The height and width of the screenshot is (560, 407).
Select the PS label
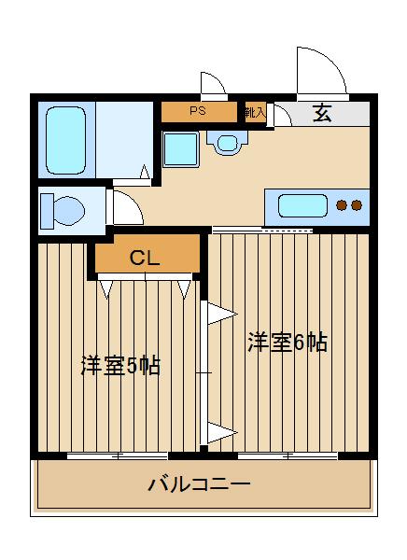click(x=197, y=112)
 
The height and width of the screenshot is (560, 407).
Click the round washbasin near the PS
click(x=226, y=143)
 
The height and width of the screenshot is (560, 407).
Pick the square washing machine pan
click(x=179, y=148)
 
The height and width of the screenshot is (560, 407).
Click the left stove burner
click(x=342, y=205)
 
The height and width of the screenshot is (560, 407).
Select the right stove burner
click(x=357, y=205)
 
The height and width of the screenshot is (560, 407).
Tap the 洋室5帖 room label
click(x=119, y=365)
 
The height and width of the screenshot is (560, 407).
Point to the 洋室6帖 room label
click(x=287, y=343)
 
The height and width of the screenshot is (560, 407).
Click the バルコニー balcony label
click(x=199, y=485)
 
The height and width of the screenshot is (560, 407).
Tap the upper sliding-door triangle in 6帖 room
click(x=220, y=313)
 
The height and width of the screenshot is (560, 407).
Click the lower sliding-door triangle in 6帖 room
click(x=220, y=430)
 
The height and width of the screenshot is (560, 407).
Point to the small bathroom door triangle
click(x=145, y=172)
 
